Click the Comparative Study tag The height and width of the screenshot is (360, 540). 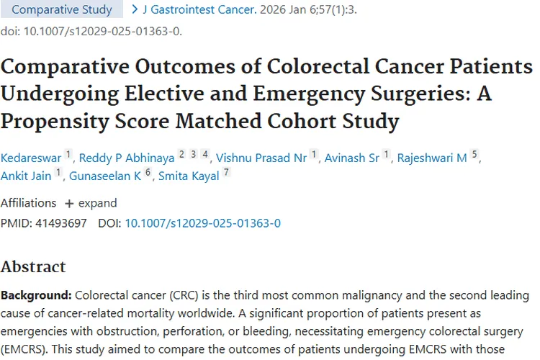pyautogui.click(x=63, y=10)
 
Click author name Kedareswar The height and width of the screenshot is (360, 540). pyautogui.click(x=31, y=158)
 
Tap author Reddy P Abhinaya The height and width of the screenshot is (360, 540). pyautogui.click(x=127, y=158)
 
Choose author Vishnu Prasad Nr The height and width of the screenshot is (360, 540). pyautogui.click(x=261, y=158)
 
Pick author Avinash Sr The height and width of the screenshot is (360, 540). pyautogui.click(x=351, y=158)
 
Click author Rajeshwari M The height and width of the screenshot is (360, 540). pyautogui.click(x=432, y=158)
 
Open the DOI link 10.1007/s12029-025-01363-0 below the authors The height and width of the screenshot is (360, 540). pyautogui.click(x=202, y=223)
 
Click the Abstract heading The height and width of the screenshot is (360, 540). pyautogui.click(x=33, y=266)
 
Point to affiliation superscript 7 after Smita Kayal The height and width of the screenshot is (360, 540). pyautogui.click(x=226, y=173)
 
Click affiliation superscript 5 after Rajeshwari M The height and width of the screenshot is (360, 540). pyautogui.click(x=474, y=155)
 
